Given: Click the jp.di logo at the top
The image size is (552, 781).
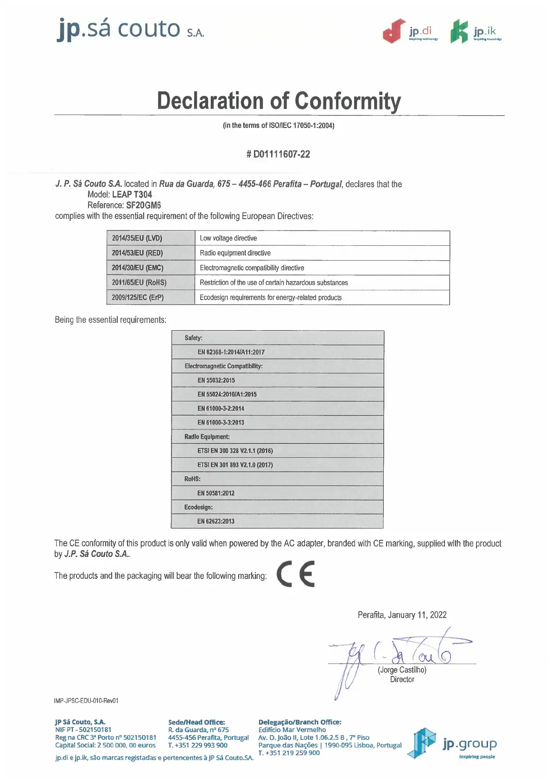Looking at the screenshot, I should (x=410, y=32).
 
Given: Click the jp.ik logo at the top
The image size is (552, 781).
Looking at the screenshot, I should (x=476, y=32).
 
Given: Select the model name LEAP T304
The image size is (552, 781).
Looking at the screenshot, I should (x=132, y=195).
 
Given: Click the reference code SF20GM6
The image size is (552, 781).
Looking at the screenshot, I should (x=144, y=205).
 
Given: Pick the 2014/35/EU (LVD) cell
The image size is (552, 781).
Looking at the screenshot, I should (x=137, y=238).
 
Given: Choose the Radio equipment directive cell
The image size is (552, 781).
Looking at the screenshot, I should (x=235, y=253).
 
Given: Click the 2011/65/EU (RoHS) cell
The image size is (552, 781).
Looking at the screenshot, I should (x=139, y=282).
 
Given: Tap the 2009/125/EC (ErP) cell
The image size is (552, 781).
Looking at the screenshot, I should (x=138, y=297).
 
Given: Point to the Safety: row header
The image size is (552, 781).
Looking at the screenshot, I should (x=194, y=338).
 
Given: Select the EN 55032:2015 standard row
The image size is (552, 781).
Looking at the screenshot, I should (x=216, y=380).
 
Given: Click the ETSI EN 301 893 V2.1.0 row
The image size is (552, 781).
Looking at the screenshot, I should (x=235, y=465).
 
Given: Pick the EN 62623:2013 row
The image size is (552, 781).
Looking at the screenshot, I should (x=216, y=521).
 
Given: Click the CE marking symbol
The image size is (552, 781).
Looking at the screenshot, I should (x=296, y=574).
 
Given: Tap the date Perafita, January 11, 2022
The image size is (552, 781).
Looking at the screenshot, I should (x=402, y=615).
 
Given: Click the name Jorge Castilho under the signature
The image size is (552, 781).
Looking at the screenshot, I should (x=402, y=670).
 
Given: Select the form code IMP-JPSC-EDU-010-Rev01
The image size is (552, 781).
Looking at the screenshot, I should (x=86, y=701).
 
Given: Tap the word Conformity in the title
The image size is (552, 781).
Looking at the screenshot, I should (x=348, y=101).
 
